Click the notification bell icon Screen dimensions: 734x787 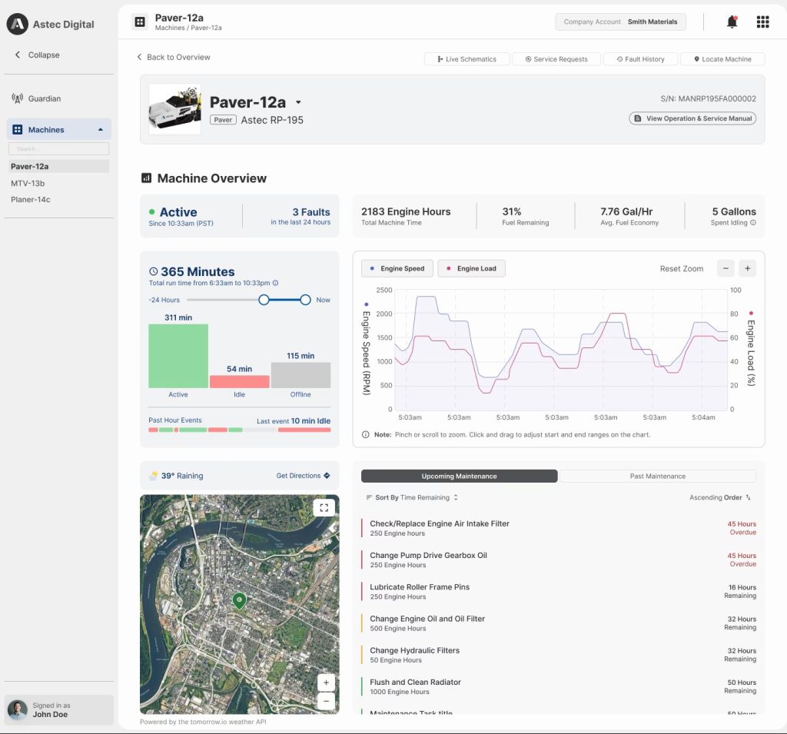pyautogui.click(x=732, y=22)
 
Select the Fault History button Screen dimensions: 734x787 pyautogui.click(x=639, y=59)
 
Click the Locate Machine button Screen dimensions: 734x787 pyautogui.click(x=722, y=59)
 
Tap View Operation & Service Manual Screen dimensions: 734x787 pyautogui.click(x=692, y=118)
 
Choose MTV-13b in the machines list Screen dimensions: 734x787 pyautogui.click(x=28, y=183)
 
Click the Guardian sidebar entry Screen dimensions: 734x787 pyautogui.click(x=44, y=98)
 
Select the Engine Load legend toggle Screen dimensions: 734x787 pyautogui.click(x=471, y=268)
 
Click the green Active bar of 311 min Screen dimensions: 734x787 pyautogui.click(x=178, y=355)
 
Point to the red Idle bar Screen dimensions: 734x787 pyautogui.click(x=239, y=381)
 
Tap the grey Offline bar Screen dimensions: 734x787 pyautogui.click(x=301, y=375)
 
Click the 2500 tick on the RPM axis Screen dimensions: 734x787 pyautogui.click(x=384, y=291)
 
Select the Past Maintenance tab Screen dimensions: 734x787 pyautogui.click(x=657, y=477)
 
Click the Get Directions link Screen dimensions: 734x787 pyautogui.click(x=303, y=476)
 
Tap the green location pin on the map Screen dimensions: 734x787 pyautogui.click(x=239, y=600)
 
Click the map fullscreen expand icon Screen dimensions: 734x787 pyautogui.click(x=324, y=507)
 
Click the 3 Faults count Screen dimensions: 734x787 pyautogui.click(x=310, y=212)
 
